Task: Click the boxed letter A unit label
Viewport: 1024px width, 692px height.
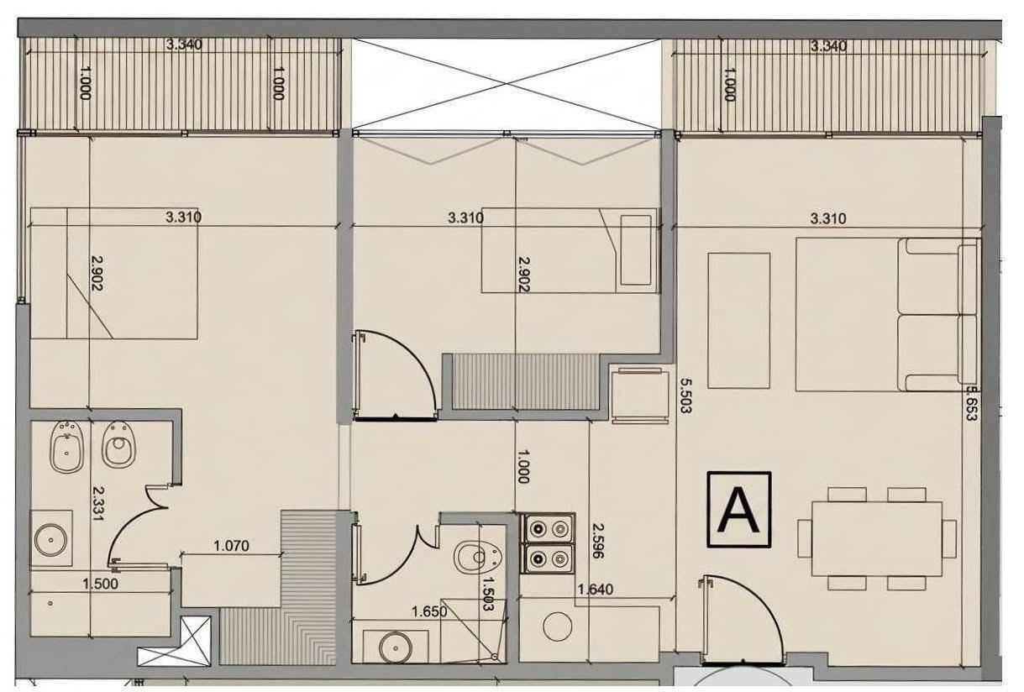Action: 738,510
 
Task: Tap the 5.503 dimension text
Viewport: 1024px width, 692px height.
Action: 685,396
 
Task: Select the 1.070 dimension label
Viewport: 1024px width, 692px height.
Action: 231,546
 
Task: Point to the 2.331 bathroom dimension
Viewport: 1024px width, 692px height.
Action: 98,503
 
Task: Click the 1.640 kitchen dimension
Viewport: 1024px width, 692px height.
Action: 596,590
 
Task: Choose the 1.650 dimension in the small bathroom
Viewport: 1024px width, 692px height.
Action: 429,611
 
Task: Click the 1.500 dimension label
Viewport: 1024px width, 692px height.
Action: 100,584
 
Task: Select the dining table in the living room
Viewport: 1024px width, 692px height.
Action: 877,538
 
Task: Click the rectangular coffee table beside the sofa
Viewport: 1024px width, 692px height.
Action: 738,321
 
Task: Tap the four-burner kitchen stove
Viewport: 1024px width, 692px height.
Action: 548,543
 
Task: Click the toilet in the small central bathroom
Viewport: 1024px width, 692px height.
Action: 479,557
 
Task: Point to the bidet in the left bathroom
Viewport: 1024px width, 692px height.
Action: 66,447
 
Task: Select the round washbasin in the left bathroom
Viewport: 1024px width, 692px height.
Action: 50,540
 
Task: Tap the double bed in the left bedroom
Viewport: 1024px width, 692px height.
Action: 114,273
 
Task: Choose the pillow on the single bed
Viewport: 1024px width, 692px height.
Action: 636,250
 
